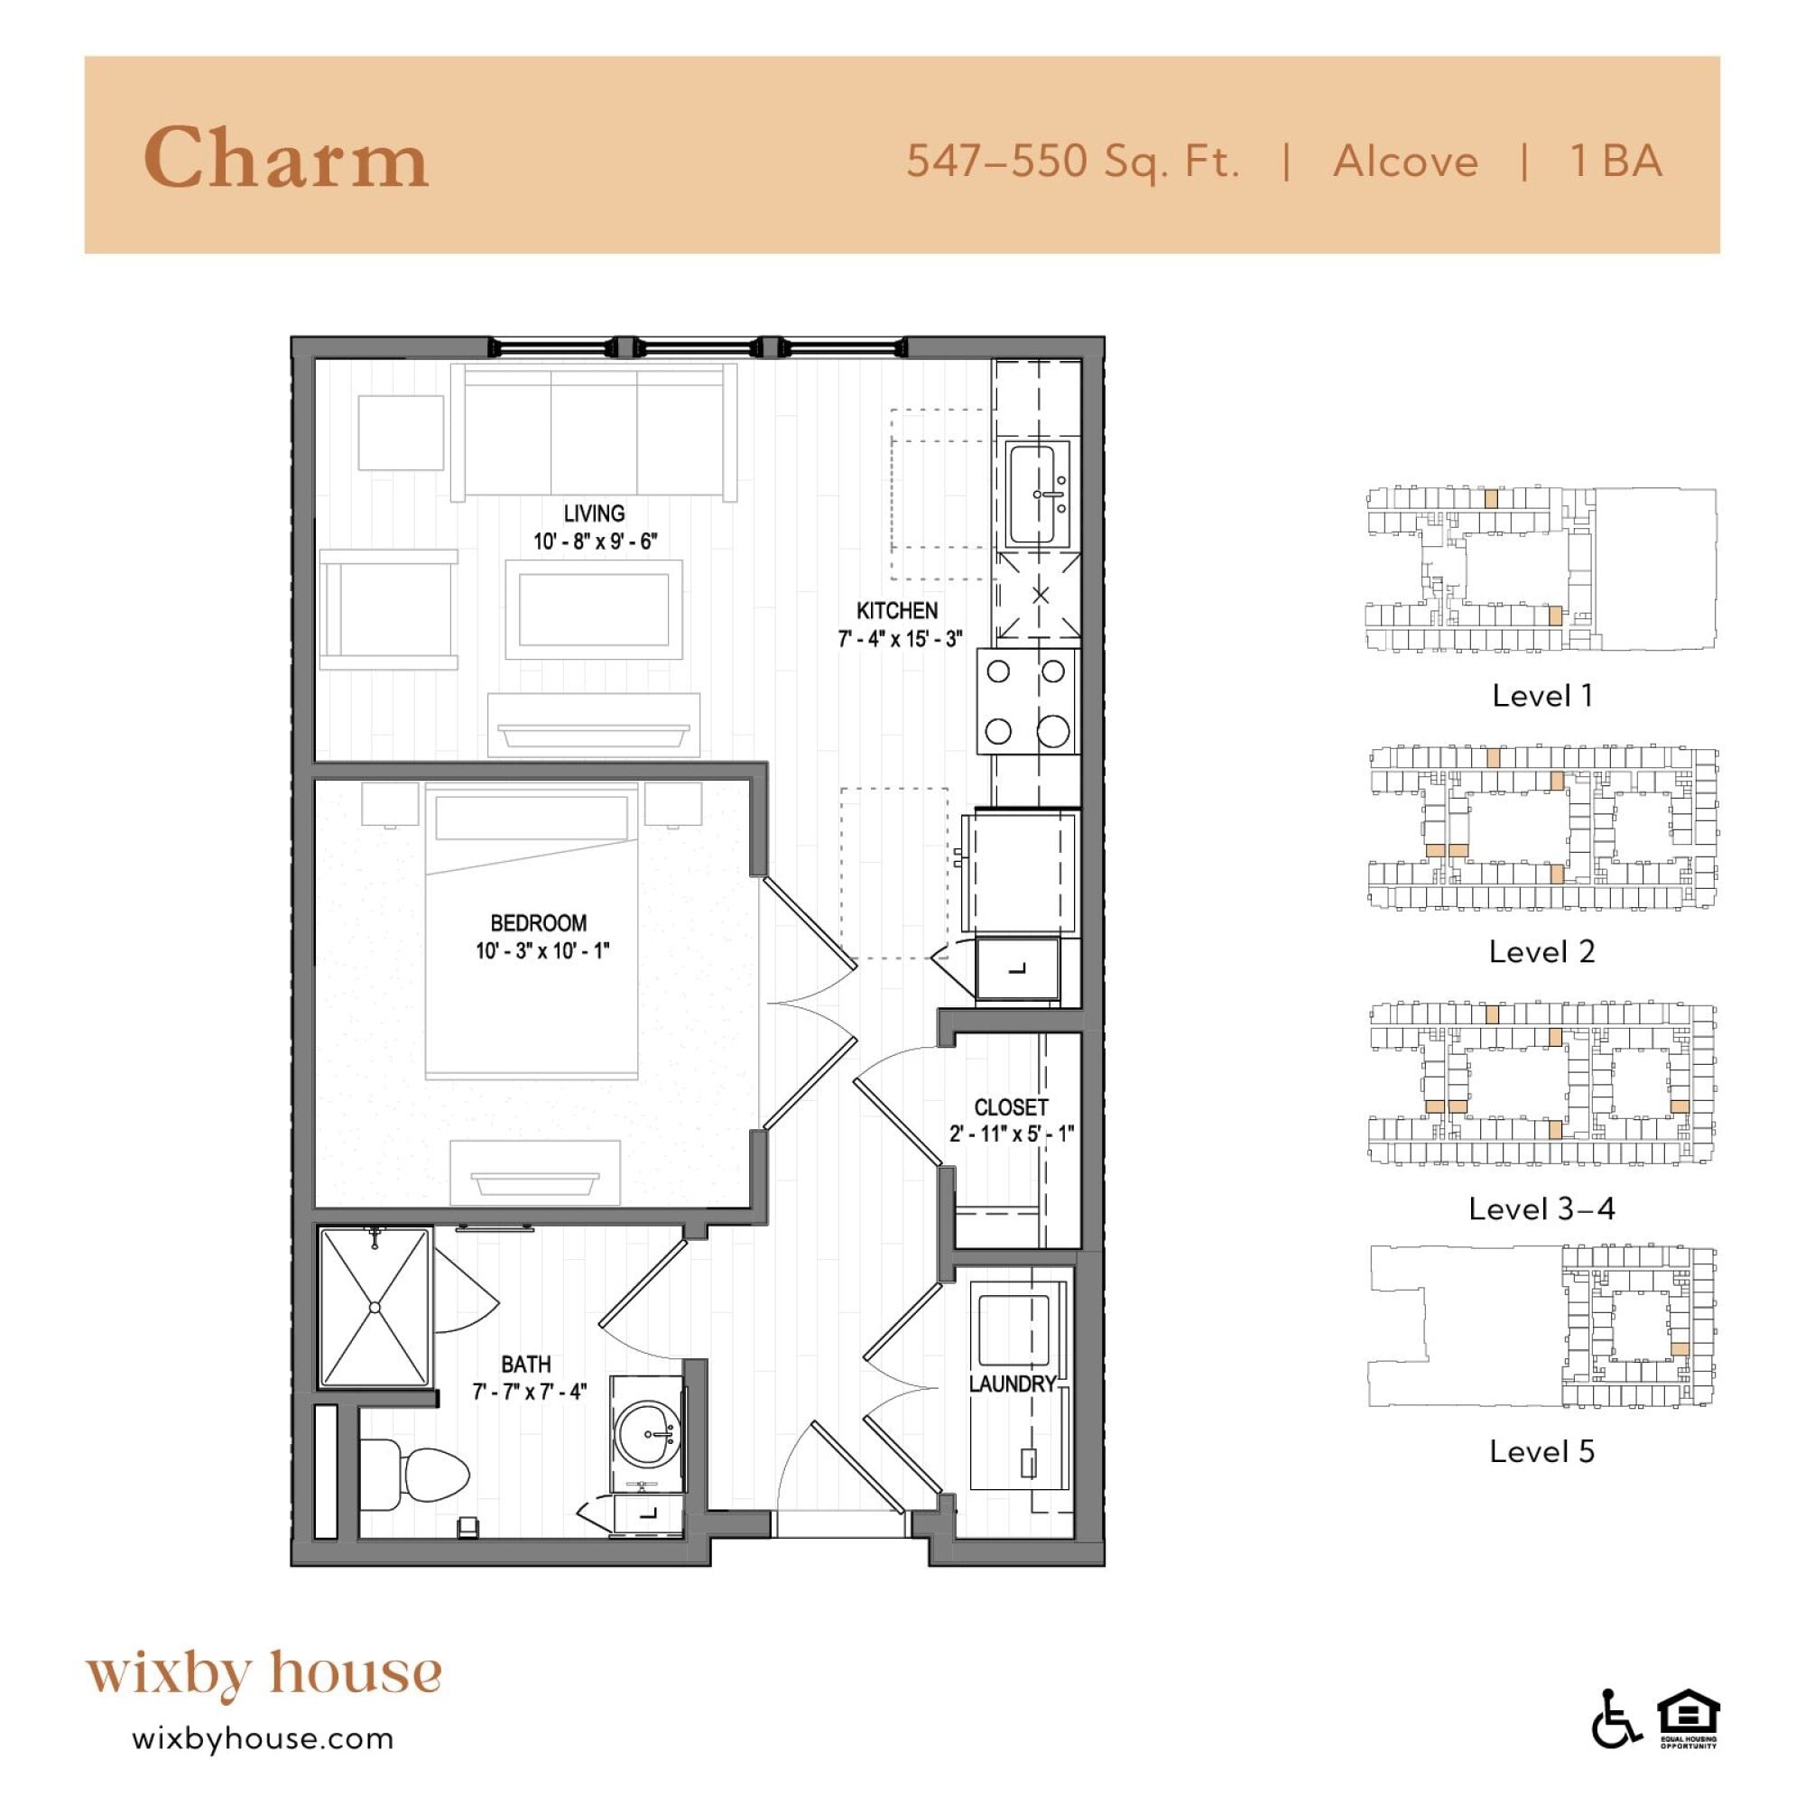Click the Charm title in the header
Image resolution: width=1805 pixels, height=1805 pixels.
pyautogui.click(x=286, y=158)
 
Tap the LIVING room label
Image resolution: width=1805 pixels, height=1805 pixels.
pyautogui.click(x=594, y=513)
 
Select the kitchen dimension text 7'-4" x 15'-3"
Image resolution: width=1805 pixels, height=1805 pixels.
pyautogui.click(x=900, y=639)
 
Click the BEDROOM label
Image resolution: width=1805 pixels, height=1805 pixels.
pyautogui.click(x=539, y=923)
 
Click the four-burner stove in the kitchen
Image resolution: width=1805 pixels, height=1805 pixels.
pyautogui.click(x=1026, y=700)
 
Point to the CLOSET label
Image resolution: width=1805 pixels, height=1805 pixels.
pyautogui.click(x=1012, y=1107)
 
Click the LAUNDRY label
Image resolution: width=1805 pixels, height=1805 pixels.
pyautogui.click(x=1013, y=1384)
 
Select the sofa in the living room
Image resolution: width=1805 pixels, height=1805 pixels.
pyautogui.click(x=594, y=431)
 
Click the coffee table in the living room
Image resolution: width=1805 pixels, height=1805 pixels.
pyautogui.click(x=594, y=610)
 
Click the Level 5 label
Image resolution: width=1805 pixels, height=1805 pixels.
pyautogui.click(x=1541, y=1451)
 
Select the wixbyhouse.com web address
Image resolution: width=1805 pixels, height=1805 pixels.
pyautogui.click(x=264, y=1740)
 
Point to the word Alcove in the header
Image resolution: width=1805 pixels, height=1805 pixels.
pyautogui.click(x=1405, y=162)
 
